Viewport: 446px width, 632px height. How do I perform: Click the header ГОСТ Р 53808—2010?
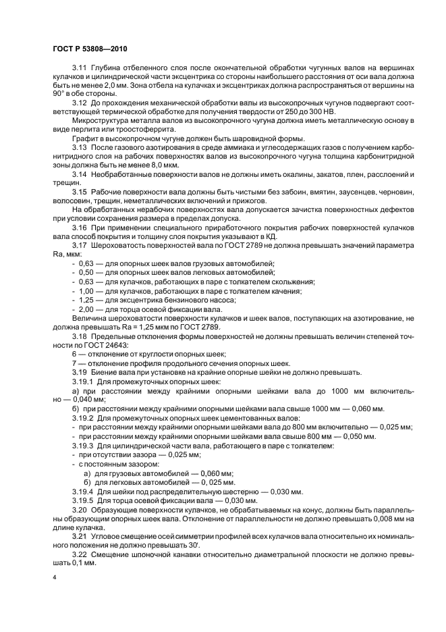coord(88,49)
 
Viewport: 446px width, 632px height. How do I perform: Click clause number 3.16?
coord(79,227)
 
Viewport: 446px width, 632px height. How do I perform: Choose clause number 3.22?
coord(79,554)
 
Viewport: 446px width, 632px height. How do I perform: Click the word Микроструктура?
coord(101,120)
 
